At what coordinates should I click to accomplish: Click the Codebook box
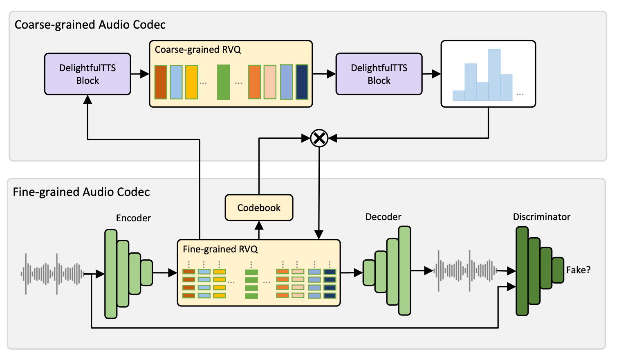pyautogui.click(x=259, y=208)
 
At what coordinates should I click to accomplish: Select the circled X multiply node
pyautogui.click(x=319, y=138)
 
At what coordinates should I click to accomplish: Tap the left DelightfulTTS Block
pyautogui.click(x=87, y=74)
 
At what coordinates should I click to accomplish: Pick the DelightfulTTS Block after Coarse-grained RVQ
pyautogui.click(x=379, y=74)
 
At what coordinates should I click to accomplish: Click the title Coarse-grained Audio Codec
pyautogui.click(x=90, y=25)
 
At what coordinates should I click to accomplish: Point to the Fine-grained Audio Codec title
pyautogui.click(x=81, y=192)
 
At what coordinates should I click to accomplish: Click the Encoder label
pyautogui.click(x=133, y=218)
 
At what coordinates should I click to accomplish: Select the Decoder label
pyautogui.click(x=383, y=217)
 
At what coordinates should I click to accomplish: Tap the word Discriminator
pyautogui.click(x=541, y=217)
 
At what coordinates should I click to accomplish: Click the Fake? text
pyautogui.click(x=578, y=270)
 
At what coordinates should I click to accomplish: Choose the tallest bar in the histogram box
pyautogui.click(x=494, y=74)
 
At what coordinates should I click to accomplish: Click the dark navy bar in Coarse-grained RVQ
pyautogui.click(x=302, y=82)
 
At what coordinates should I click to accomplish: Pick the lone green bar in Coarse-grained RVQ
pyautogui.click(x=223, y=82)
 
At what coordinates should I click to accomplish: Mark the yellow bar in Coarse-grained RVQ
pyautogui.click(x=191, y=82)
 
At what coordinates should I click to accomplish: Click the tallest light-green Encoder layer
pyautogui.click(x=111, y=274)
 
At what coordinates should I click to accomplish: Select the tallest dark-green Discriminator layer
pyautogui.click(x=522, y=271)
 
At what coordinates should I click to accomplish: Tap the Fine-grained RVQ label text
pyautogui.click(x=220, y=249)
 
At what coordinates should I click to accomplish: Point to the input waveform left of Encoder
pyautogui.click(x=52, y=274)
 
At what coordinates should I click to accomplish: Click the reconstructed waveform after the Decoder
pyautogui.click(x=465, y=270)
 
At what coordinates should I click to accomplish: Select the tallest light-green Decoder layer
pyautogui.click(x=404, y=270)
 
